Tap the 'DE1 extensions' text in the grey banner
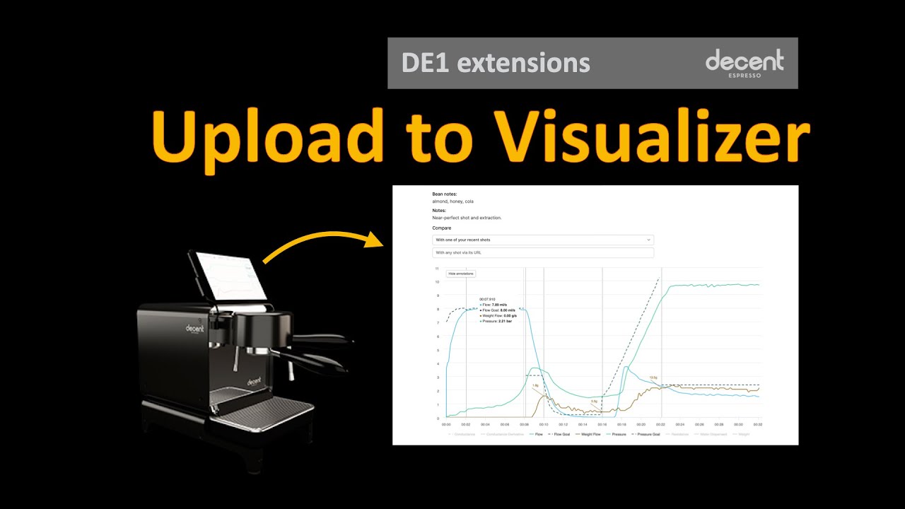[x=496, y=63]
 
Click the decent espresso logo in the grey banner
[x=745, y=62]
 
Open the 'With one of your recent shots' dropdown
[x=543, y=240]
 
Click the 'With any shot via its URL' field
[x=543, y=252]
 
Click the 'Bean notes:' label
[x=445, y=194]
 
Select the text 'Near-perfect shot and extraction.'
[x=467, y=218]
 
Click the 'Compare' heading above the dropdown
[x=441, y=228]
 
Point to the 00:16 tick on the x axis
[x=602, y=424]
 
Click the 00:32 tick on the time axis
[x=757, y=424]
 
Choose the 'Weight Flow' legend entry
[x=590, y=434]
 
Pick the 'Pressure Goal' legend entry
[x=649, y=434]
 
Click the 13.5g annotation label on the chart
[x=653, y=378]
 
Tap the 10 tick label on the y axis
[x=438, y=282]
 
